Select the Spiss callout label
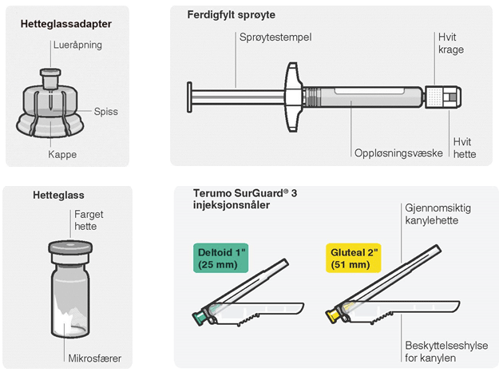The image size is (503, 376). [105, 112]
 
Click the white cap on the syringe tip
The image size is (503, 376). [449, 97]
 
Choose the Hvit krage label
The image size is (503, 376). [450, 44]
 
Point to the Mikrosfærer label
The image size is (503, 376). [93, 358]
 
